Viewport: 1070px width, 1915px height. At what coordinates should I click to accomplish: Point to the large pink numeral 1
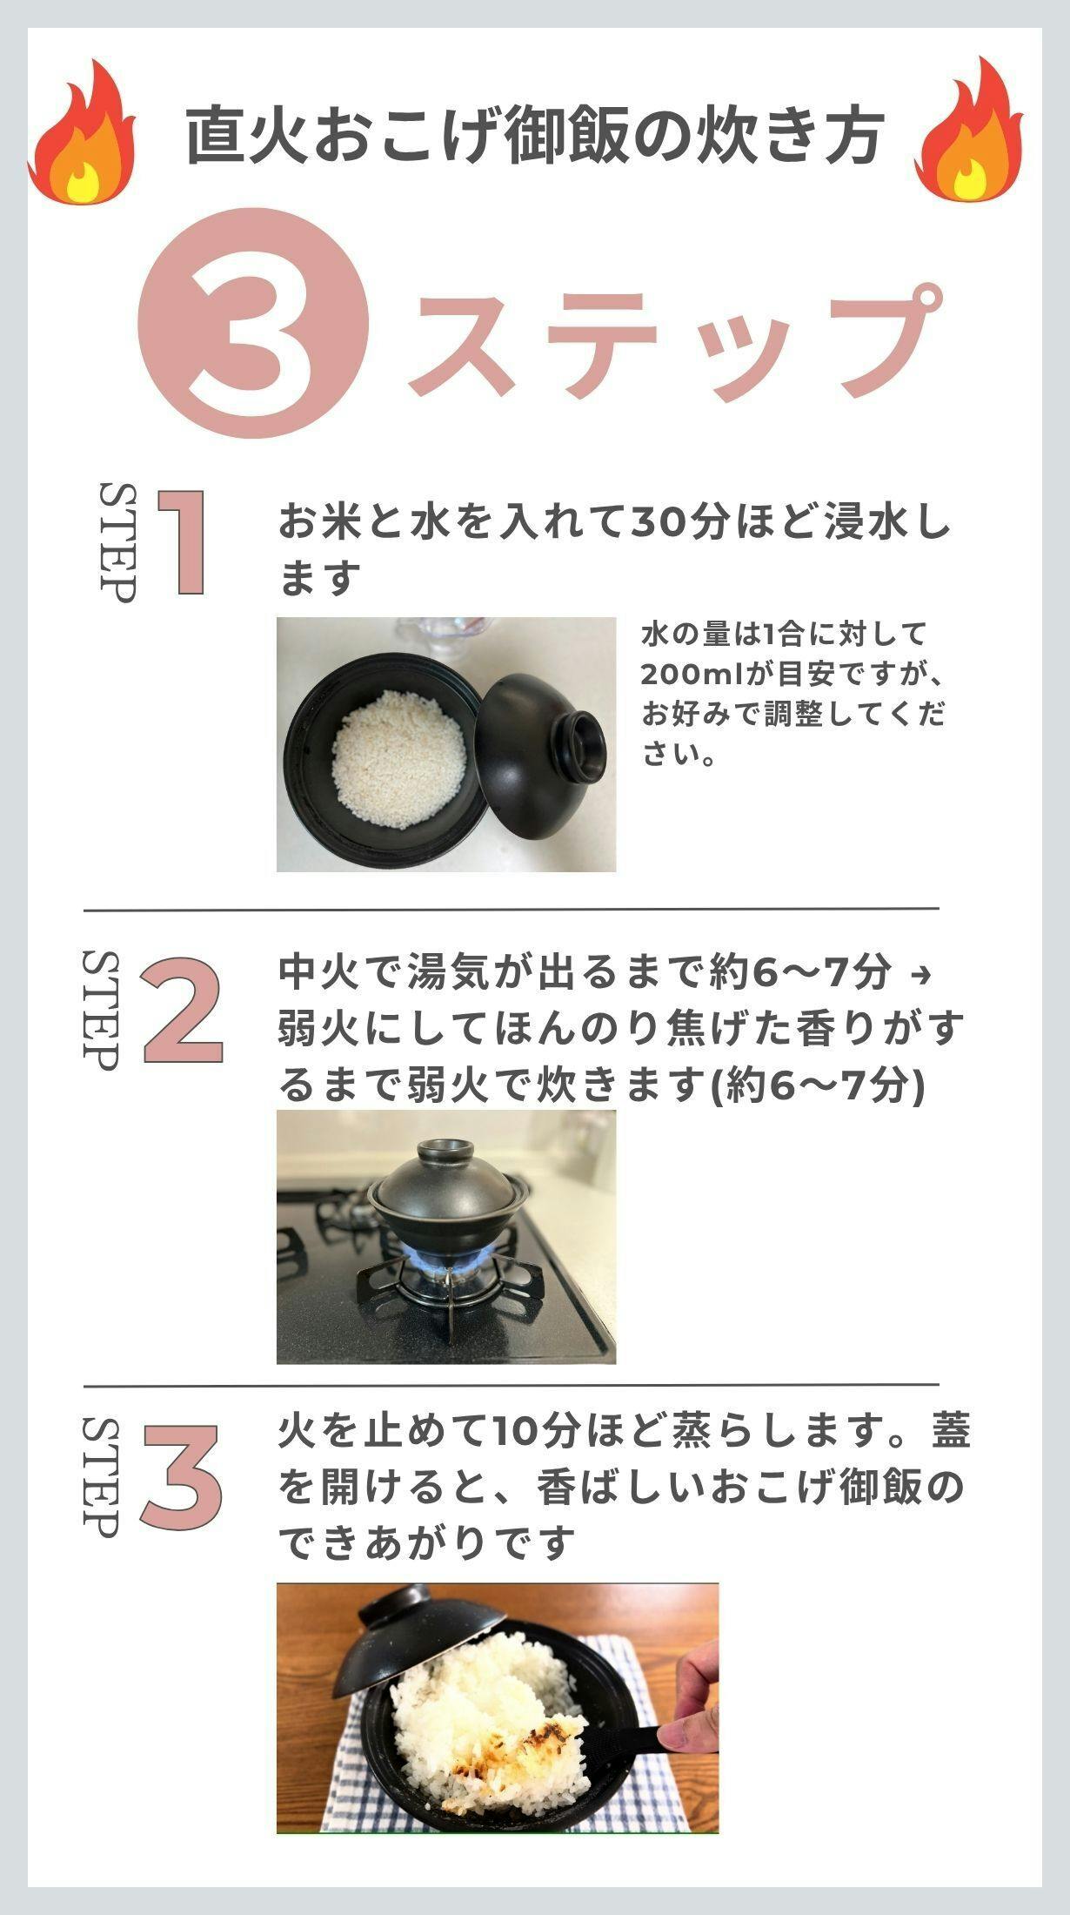point(183,543)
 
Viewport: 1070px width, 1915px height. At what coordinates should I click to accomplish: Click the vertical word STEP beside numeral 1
point(117,541)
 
